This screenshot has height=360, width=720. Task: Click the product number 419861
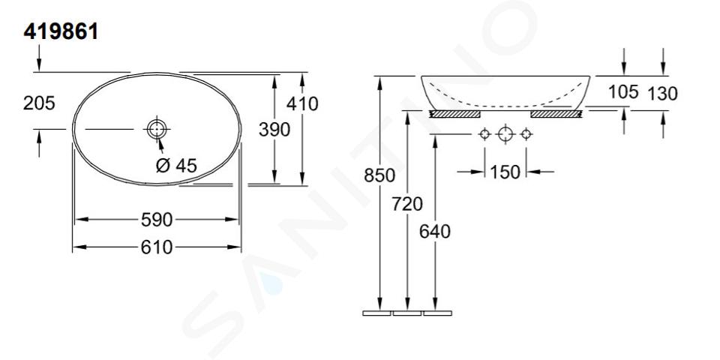coord(61,32)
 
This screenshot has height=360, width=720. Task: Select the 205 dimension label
coord(39,103)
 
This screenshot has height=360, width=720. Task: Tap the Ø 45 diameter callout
coord(176,165)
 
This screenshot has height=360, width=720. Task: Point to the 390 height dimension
coord(274,130)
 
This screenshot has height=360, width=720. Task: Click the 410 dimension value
coord(302,104)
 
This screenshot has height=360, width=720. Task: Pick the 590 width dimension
coord(157,220)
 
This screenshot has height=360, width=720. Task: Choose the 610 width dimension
coord(157,247)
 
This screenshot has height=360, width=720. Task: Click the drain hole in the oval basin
coord(157,129)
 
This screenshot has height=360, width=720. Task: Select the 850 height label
coord(379,175)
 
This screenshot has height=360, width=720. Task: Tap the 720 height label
coord(407,203)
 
